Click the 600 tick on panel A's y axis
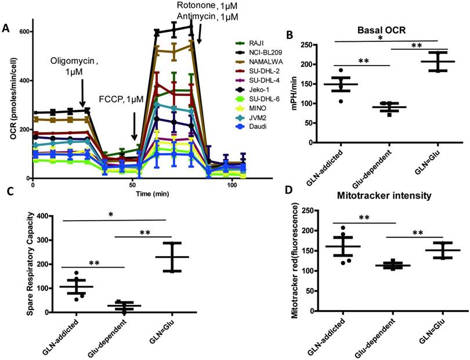[24, 31]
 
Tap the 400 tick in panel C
[35, 216]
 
